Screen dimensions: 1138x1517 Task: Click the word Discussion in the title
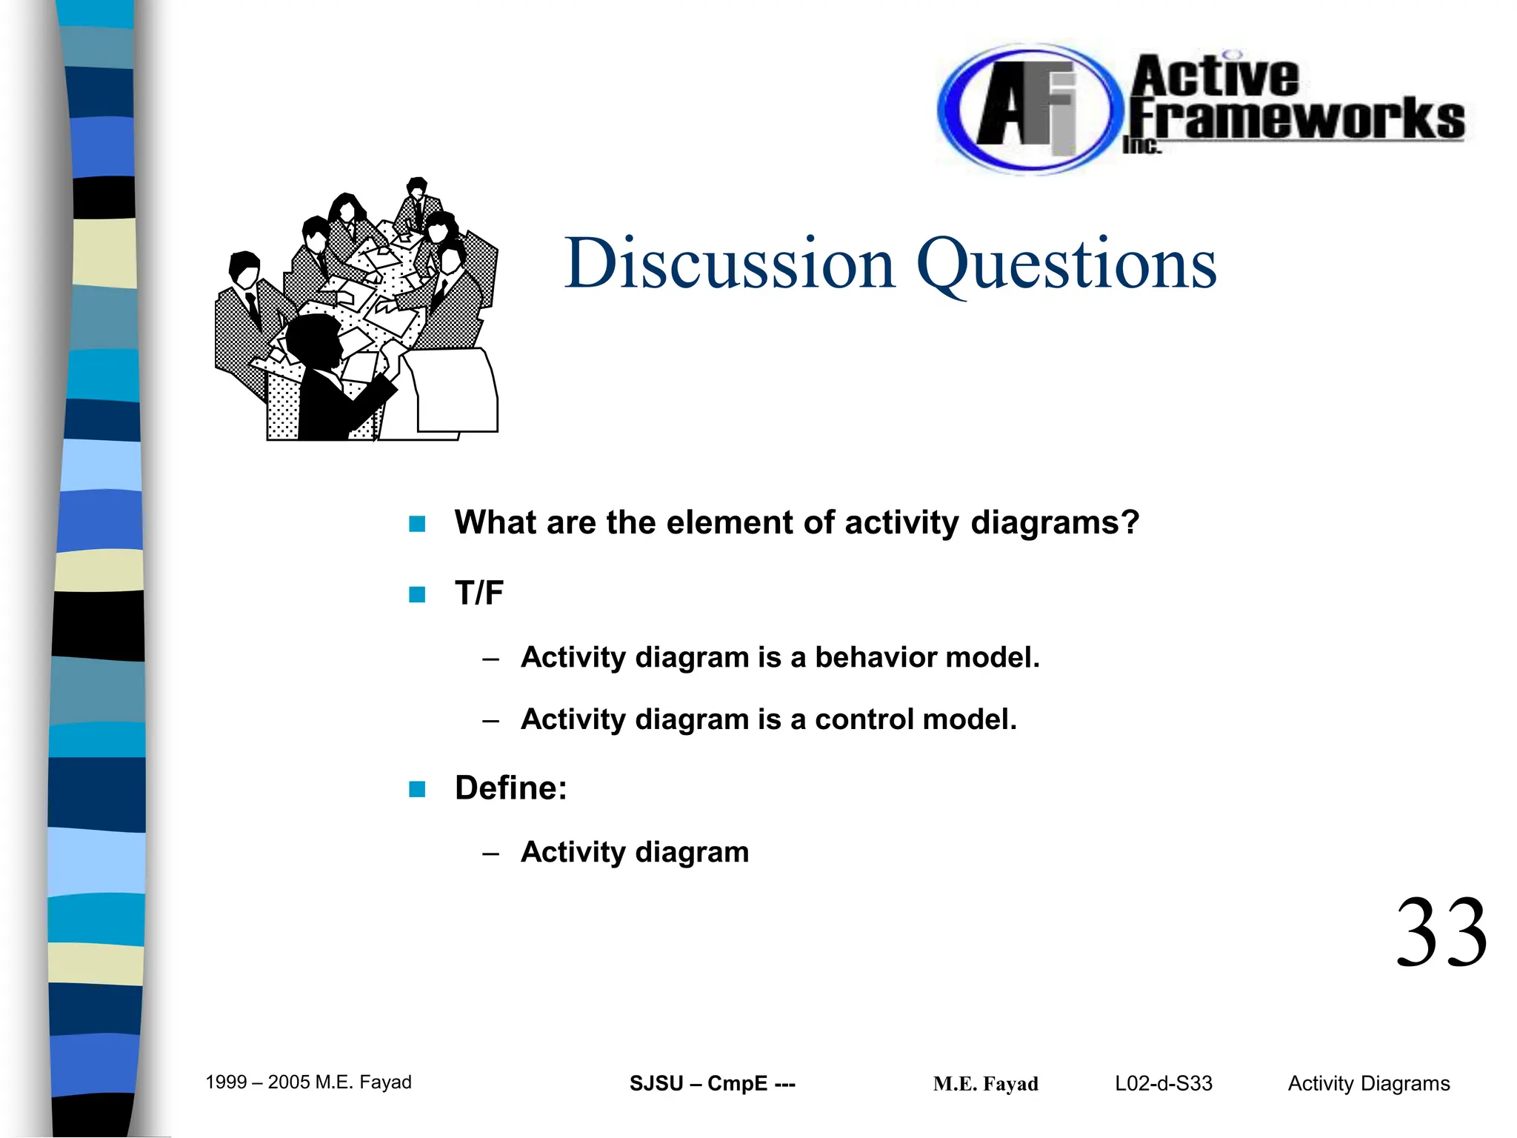[730, 264]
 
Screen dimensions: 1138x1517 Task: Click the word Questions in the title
[1067, 264]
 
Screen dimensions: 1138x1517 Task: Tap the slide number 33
[1441, 934]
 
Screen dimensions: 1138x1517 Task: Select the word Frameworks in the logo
[1296, 119]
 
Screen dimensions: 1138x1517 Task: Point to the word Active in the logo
[1215, 76]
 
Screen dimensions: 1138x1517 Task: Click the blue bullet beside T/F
[417, 594]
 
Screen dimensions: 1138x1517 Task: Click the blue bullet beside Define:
[417, 788]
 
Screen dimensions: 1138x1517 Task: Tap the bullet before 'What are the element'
[417, 524]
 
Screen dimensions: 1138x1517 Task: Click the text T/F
[479, 593]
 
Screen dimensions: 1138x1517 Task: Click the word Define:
[510, 788]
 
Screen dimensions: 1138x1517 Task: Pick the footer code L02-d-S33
[1163, 1083]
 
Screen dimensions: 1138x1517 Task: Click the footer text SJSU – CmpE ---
[712, 1083]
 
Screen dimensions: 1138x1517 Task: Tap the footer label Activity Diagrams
[1368, 1083]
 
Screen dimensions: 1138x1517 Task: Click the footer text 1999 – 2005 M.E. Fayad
[308, 1082]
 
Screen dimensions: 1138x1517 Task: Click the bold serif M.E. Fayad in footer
[985, 1084]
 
